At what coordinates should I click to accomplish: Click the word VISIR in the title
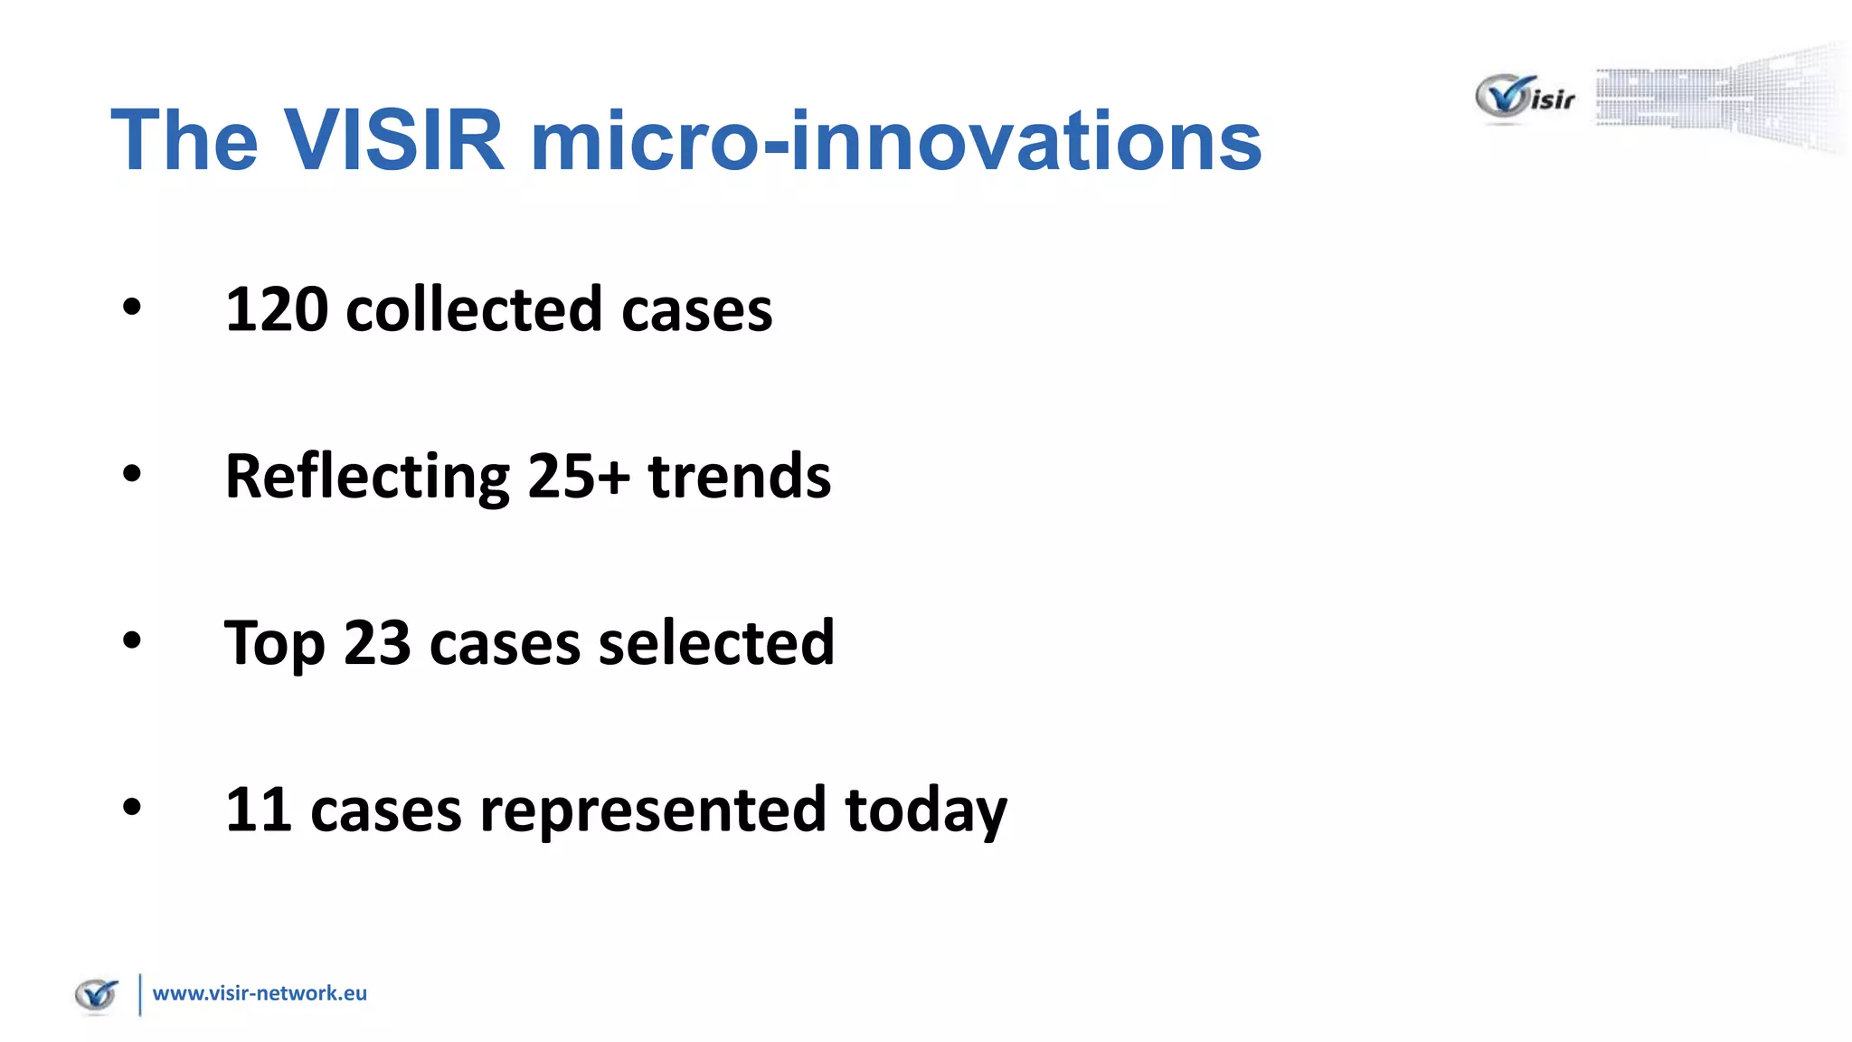[394, 140]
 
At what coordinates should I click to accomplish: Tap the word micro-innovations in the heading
[895, 140]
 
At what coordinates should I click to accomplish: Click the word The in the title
[184, 140]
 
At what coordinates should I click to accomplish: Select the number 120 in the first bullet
[277, 309]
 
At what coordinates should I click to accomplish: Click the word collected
[474, 309]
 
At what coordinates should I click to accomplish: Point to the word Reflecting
[367, 477]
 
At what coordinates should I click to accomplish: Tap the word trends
[740, 477]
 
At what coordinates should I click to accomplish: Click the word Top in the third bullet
[275, 644]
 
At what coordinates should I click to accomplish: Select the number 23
[377, 644]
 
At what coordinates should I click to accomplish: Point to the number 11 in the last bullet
[258, 810]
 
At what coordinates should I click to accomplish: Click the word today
[925, 810]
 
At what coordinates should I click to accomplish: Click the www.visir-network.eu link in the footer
[260, 993]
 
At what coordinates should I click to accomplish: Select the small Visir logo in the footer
[97, 995]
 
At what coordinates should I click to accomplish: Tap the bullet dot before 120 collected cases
[132, 308]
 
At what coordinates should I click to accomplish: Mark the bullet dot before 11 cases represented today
[132, 807]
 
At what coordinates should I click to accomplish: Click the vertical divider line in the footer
[140, 994]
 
